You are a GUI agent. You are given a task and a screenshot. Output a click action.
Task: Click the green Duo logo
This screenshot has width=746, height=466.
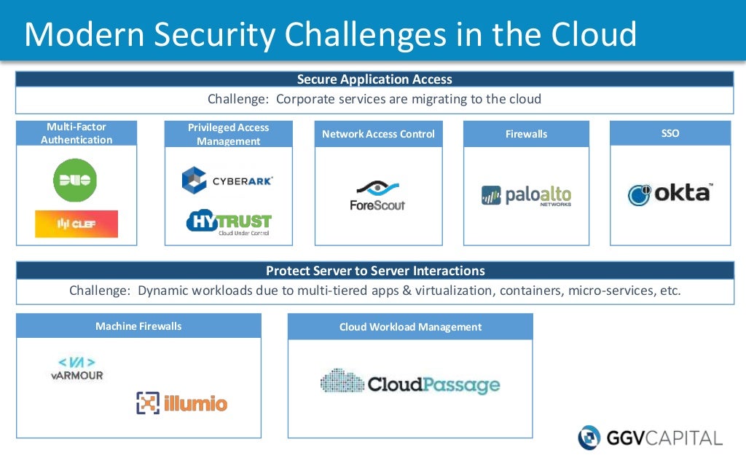75,180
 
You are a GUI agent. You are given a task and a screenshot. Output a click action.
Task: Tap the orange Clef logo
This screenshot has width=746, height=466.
76,224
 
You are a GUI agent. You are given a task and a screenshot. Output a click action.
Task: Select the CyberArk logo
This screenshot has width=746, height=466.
227,180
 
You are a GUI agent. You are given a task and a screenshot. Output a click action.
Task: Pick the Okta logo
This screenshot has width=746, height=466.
670,194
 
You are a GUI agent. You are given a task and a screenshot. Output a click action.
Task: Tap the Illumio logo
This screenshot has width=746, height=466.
182,403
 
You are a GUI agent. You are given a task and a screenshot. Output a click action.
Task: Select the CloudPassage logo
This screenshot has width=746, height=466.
410,383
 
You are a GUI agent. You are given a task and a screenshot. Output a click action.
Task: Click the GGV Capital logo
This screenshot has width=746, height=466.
650,438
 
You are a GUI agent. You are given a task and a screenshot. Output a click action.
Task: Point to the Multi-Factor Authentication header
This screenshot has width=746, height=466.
76,133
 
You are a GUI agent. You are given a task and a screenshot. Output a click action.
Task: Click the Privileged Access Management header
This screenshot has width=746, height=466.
229,134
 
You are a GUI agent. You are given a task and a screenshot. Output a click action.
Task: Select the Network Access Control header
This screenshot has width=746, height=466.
378,134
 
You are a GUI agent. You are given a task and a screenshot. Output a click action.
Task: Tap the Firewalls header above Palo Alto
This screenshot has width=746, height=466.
526,134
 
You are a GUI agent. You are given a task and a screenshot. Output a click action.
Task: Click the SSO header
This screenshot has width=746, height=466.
670,133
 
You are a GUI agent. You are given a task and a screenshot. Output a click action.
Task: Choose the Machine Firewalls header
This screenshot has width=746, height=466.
138,326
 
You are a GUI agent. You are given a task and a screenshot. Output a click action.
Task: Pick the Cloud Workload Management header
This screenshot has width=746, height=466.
410,327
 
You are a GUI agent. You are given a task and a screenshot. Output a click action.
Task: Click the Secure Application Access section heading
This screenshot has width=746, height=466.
374,79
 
